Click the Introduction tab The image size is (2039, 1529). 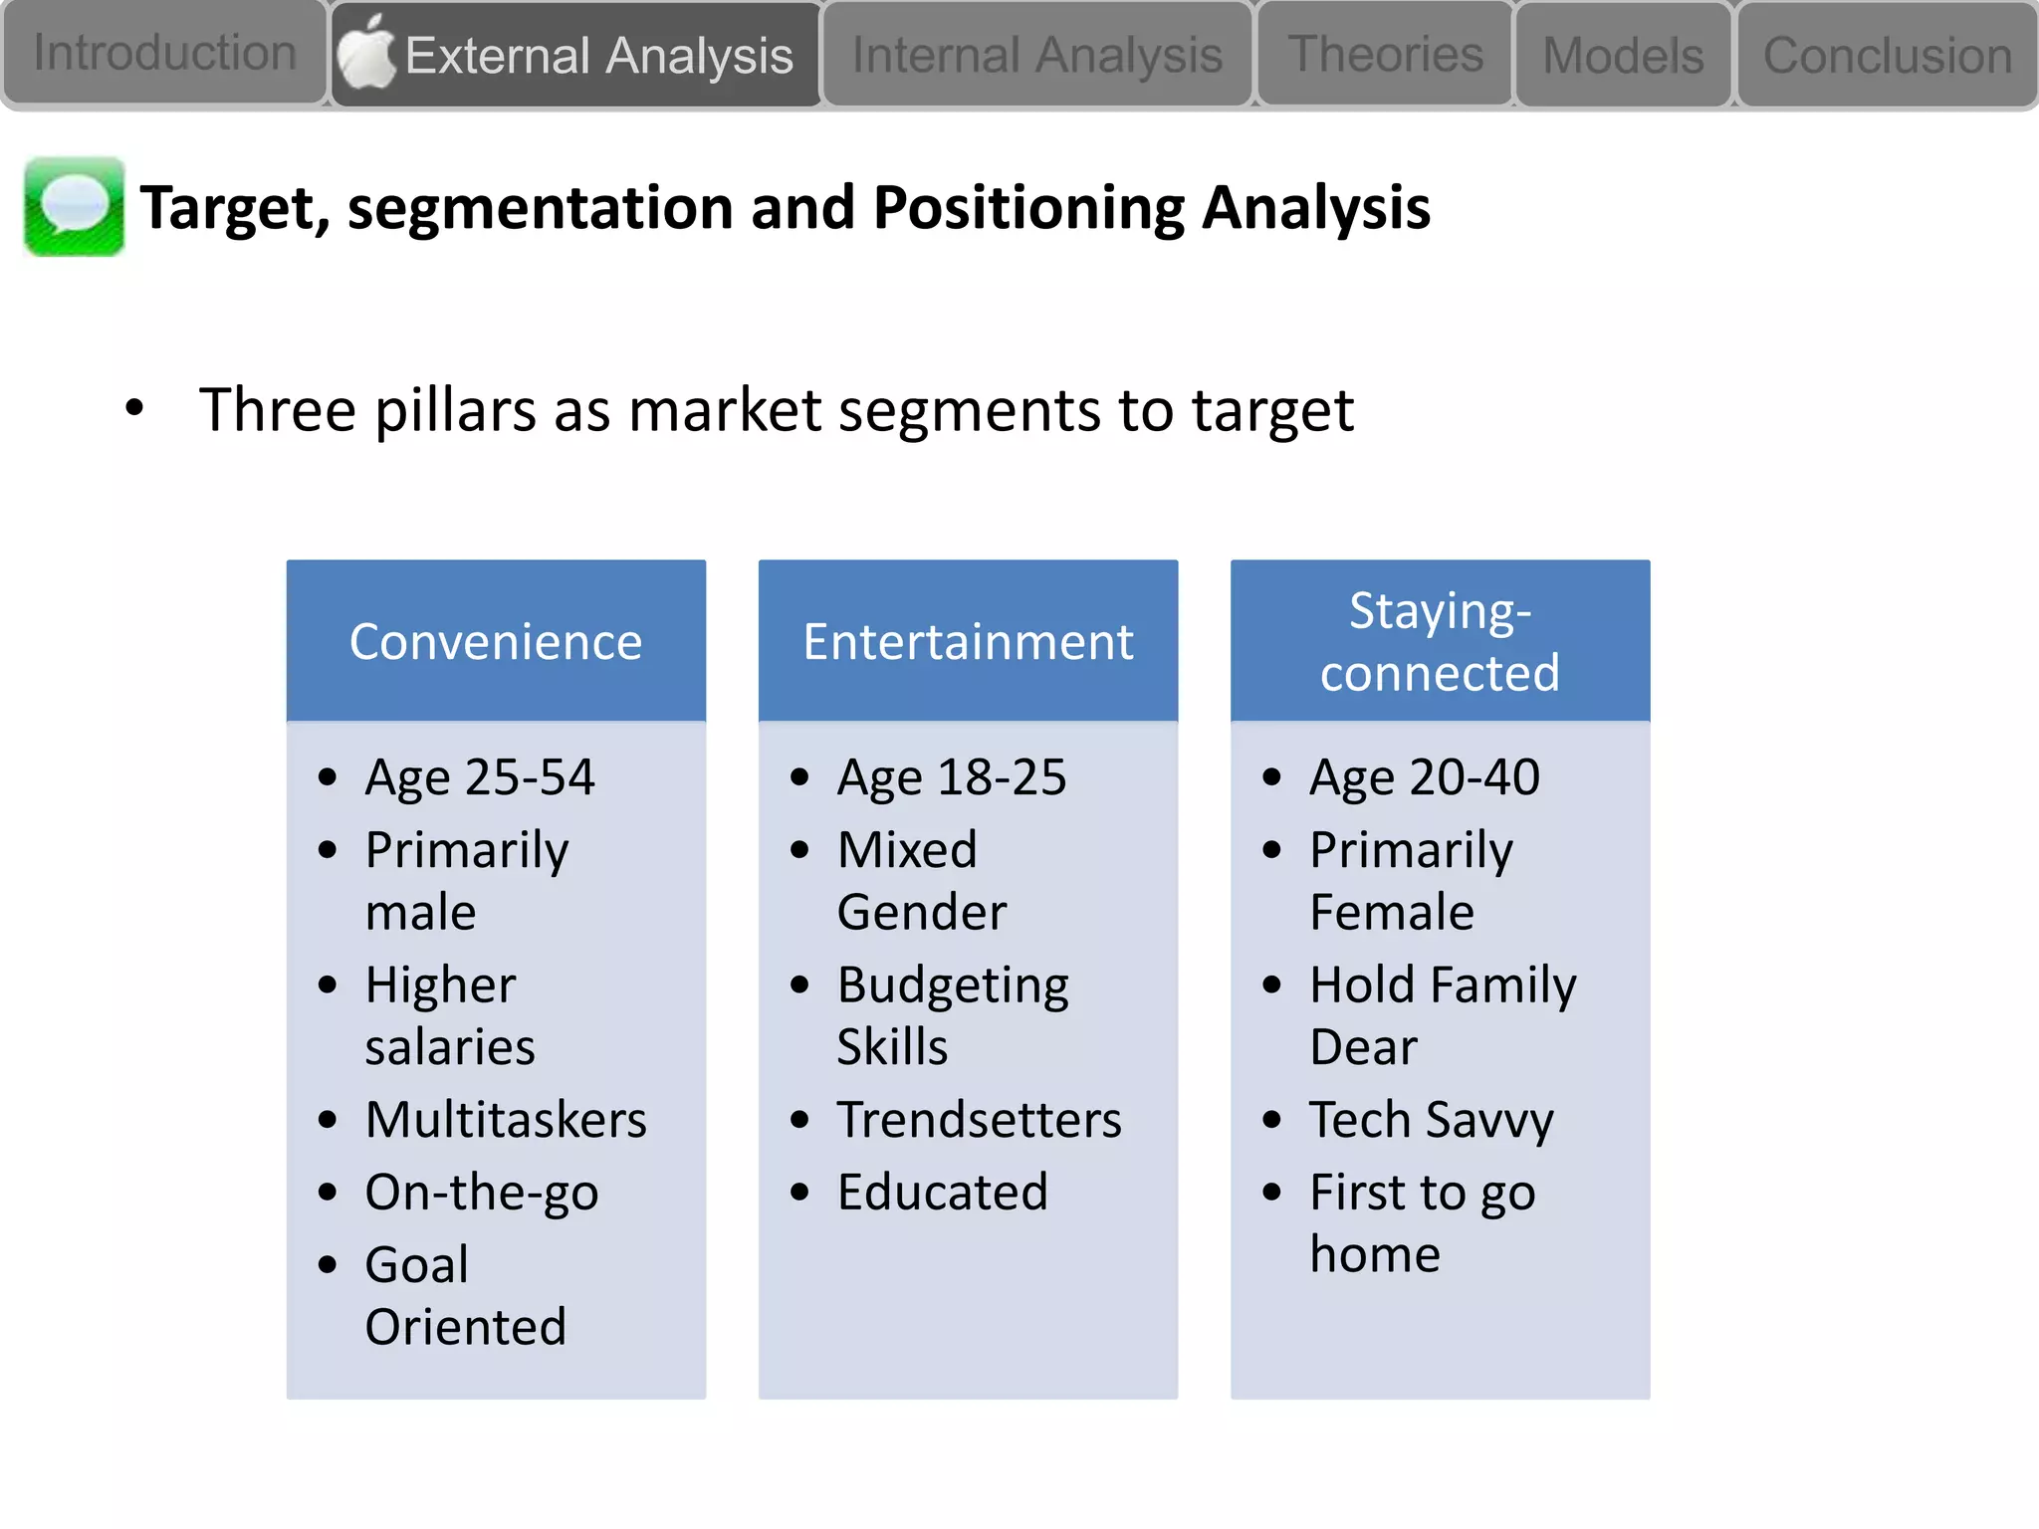coord(164,53)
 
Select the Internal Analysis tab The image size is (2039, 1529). coord(1036,55)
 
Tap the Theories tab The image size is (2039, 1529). coord(1385,55)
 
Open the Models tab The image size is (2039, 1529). coord(1623,55)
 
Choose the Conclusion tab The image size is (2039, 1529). coord(1888,55)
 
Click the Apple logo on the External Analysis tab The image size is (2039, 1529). coord(366,53)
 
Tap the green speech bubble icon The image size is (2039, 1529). coord(74,207)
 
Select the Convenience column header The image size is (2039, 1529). coord(496,641)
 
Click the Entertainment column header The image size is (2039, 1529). coord(968,641)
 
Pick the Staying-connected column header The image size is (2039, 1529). coord(1440,641)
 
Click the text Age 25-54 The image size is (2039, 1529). coord(480,776)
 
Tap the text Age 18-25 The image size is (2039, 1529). coord(952,776)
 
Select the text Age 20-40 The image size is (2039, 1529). coord(1425,776)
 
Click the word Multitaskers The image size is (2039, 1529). coord(506,1119)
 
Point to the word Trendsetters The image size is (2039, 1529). coord(979,1119)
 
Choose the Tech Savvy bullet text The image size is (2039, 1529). coord(1431,1119)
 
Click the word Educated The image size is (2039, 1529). coord(942,1192)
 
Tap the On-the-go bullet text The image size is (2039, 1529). coord(482,1192)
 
